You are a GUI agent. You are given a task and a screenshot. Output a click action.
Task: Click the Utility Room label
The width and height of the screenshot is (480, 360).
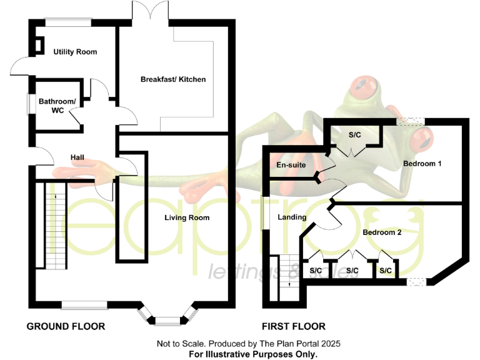(75, 52)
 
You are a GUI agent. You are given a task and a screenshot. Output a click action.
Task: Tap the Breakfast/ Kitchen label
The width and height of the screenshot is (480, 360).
(173, 79)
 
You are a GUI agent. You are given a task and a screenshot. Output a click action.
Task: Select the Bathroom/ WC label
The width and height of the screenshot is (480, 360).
(57, 106)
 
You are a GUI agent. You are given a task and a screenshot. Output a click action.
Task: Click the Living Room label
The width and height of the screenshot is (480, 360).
(187, 218)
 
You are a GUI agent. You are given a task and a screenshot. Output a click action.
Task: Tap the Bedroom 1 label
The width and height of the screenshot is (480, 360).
(422, 164)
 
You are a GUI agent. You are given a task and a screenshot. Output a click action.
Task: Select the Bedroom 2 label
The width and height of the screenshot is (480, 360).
(382, 232)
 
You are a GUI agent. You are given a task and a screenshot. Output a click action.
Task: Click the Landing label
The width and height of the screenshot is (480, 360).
(292, 217)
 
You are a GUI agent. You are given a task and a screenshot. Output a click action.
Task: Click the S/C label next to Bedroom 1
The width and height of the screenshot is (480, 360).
(354, 134)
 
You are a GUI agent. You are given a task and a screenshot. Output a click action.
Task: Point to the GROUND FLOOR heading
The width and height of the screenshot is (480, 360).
(66, 326)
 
